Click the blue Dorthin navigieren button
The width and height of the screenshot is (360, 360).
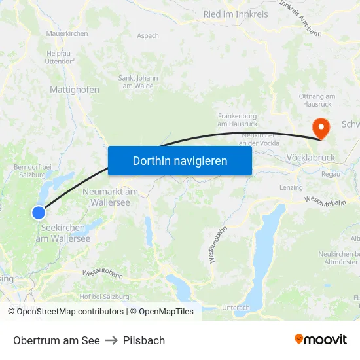(x=180, y=160)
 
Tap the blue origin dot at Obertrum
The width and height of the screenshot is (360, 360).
(x=39, y=212)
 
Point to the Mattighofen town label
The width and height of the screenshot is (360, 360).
(x=75, y=90)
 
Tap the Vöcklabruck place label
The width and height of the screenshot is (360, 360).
(x=311, y=158)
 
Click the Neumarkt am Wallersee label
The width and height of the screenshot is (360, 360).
(x=111, y=197)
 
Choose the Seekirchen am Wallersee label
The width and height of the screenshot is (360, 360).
(x=62, y=233)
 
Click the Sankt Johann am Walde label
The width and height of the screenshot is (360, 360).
(x=138, y=81)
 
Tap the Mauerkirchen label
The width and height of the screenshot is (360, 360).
(x=68, y=33)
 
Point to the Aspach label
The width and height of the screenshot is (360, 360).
(x=147, y=36)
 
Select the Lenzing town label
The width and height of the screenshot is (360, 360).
(x=291, y=187)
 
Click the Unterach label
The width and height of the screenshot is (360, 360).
(x=236, y=307)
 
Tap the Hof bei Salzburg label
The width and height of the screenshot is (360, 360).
(x=104, y=297)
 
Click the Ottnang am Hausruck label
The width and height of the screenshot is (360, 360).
(x=317, y=100)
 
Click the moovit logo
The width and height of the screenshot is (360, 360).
(x=320, y=340)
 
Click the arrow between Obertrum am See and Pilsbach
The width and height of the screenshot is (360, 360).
(x=111, y=340)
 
